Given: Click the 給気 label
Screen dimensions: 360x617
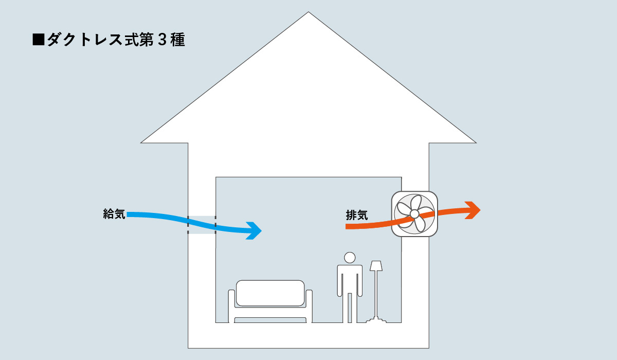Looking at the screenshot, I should tap(114, 214).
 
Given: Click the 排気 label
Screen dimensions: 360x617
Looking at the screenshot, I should tap(357, 215).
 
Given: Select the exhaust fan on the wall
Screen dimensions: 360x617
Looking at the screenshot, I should tap(415, 214).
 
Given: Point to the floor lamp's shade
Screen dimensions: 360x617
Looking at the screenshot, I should tap(376, 266).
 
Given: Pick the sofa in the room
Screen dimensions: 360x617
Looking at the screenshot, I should tap(270, 301).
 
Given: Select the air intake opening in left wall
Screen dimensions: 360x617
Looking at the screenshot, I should tap(202, 225).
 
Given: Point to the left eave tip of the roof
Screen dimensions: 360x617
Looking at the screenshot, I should tap(142, 141).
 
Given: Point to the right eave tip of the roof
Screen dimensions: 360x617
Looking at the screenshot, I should tap(475, 141).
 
